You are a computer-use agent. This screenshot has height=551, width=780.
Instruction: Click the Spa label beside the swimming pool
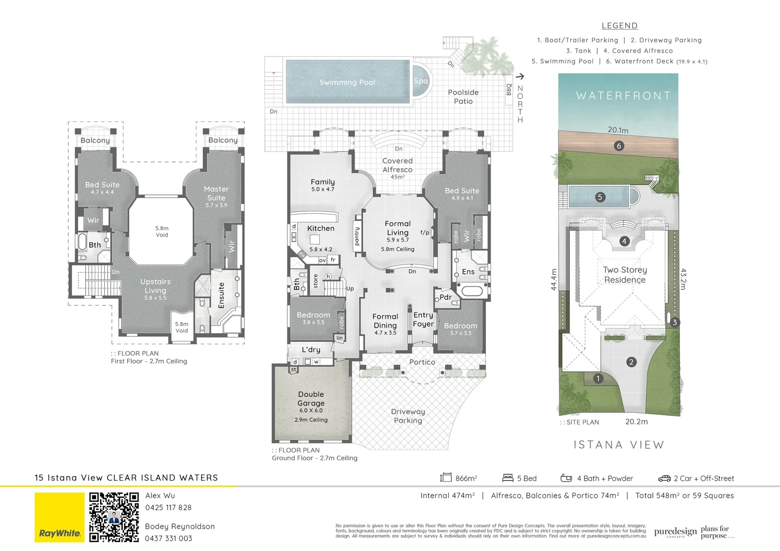421,81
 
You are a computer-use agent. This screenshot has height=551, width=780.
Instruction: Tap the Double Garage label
311,398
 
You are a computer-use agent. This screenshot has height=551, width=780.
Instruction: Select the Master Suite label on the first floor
216,193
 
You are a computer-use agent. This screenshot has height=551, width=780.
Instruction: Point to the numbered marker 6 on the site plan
619,146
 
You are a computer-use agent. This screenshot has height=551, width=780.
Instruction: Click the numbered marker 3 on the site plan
674,322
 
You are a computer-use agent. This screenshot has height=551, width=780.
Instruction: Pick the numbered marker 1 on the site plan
598,379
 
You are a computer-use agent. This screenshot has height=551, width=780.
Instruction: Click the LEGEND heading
619,26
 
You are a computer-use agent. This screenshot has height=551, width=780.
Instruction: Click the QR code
114,517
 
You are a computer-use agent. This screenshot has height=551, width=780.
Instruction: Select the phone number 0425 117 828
168,508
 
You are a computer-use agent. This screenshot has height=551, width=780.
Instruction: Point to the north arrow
520,77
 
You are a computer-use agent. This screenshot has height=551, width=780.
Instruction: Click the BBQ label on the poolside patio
508,90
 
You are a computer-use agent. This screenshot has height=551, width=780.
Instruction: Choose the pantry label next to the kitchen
357,236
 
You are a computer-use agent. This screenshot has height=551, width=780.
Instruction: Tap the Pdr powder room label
445,297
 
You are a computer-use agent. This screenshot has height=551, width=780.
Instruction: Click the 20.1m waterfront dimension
618,130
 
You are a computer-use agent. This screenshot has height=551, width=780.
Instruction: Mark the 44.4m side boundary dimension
554,280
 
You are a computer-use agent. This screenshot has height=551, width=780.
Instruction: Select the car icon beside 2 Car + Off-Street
664,479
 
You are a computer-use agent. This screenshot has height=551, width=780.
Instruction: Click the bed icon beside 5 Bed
507,478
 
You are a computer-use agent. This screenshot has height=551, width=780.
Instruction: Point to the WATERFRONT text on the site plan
623,96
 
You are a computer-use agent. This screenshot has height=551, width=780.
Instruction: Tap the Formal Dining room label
385,321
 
